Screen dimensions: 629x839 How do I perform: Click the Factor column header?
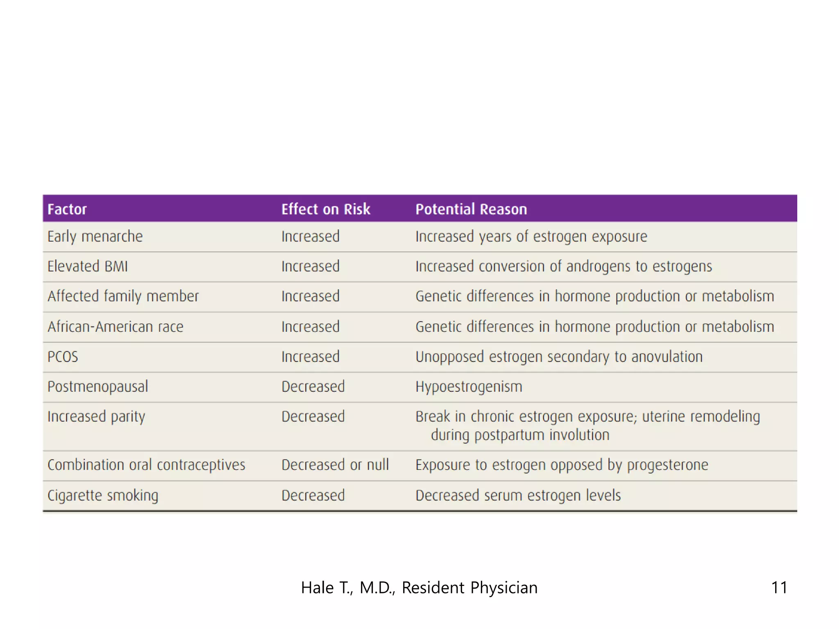point(67,209)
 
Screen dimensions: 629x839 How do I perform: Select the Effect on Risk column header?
point(326,209)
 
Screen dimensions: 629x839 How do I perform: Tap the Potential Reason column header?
point(471,209)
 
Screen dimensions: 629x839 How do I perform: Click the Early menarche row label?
point(95,237)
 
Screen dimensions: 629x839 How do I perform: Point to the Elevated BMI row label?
point(88,267)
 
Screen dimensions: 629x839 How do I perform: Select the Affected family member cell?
point(123,296)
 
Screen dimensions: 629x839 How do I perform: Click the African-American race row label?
point(116,327)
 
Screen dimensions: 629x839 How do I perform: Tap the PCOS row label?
point(63,357)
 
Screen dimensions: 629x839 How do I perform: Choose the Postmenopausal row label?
point(98,387)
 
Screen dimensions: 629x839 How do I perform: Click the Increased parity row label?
point(96,417)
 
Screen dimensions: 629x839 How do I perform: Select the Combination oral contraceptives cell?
point(146,465)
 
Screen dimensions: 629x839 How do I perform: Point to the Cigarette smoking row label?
point(103,496)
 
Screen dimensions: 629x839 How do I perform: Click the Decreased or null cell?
point(335,465)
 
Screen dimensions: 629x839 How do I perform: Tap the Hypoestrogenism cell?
point(469,387)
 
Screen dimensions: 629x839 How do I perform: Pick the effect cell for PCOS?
point(311,357)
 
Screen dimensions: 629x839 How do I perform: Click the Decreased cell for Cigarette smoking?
point(313,496)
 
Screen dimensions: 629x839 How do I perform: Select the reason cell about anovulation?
point(559,357)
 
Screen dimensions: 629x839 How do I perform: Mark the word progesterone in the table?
point(668,465)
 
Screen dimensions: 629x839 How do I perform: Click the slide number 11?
point(779,588)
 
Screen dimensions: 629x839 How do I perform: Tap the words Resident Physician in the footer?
point(469,588)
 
